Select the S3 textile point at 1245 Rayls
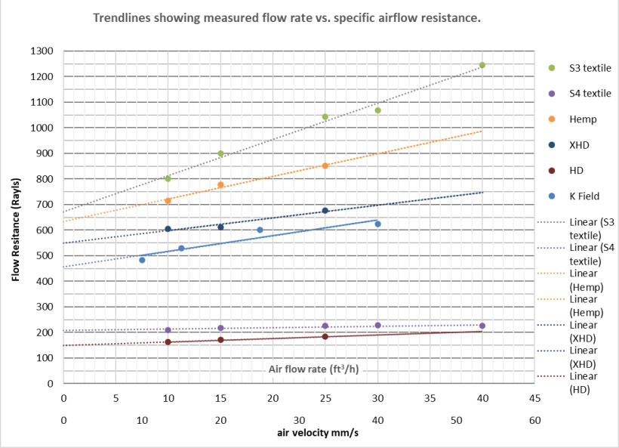482,65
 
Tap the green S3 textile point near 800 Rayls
168,178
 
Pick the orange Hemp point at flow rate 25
325,165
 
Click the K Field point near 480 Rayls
142,260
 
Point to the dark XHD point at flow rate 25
325,211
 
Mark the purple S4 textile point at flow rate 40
482,326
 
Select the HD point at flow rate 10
168,341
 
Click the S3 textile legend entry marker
551,68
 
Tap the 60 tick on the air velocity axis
534,421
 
